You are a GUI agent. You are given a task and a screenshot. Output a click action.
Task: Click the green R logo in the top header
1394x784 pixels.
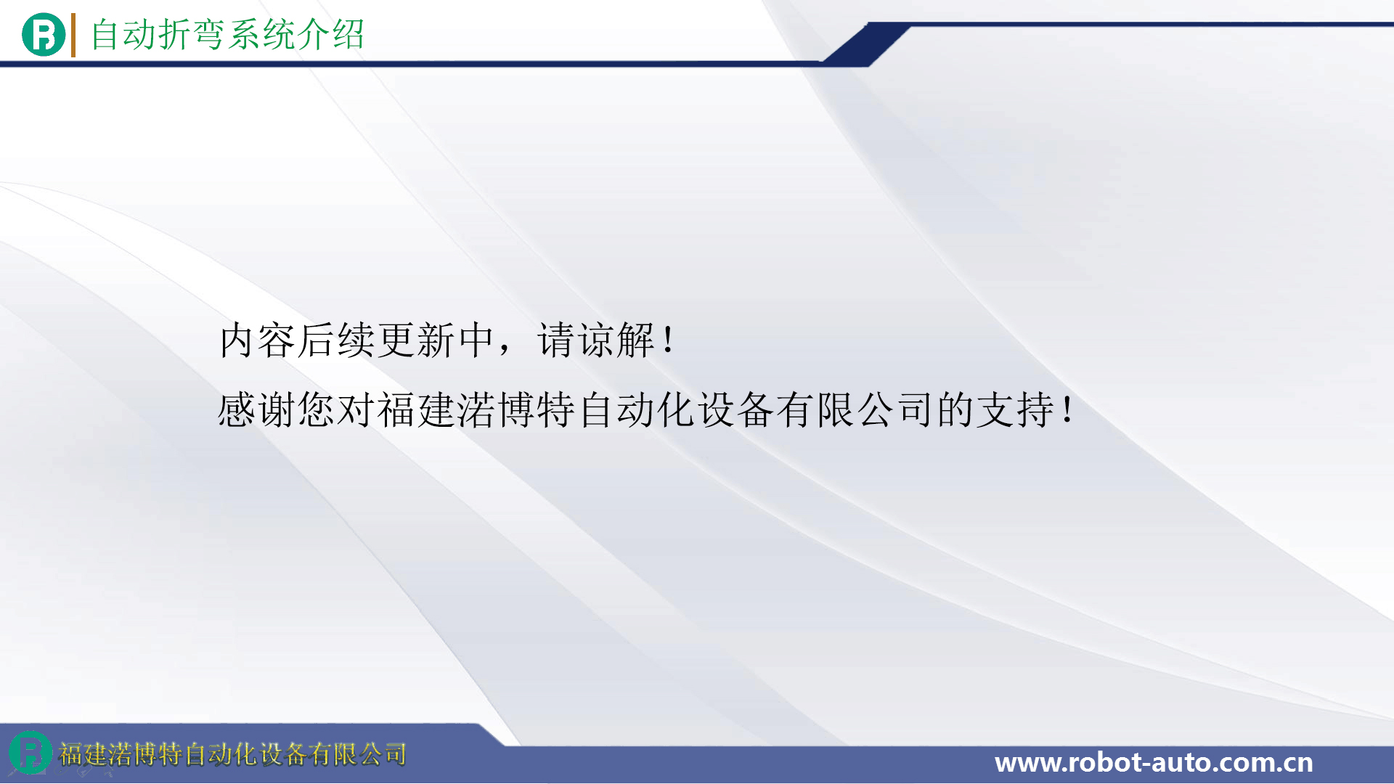point(44,35)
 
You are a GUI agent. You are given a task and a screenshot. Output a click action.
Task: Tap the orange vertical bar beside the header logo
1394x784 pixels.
point(73,35)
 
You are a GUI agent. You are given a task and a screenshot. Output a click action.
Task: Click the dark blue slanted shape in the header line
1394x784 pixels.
point(865,44)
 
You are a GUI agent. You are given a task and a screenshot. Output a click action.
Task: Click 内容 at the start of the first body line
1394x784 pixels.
point(257,340)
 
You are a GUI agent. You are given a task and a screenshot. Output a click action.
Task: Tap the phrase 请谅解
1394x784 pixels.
point(596,340)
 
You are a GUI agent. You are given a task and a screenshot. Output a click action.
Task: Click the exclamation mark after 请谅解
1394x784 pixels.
point(668,340)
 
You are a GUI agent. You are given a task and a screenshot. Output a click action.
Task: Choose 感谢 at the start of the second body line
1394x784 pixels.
point(257,409)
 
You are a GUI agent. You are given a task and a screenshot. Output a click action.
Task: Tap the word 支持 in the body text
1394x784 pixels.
point(1015,409)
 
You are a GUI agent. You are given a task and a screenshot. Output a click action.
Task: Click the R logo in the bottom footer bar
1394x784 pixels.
point(30,752)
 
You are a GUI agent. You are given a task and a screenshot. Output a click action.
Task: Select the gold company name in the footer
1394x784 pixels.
point(232,754)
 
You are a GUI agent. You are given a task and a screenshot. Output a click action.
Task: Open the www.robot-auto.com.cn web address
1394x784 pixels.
point(1154,762)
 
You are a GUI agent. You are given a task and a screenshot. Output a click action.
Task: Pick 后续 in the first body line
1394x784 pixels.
point(336,340)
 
